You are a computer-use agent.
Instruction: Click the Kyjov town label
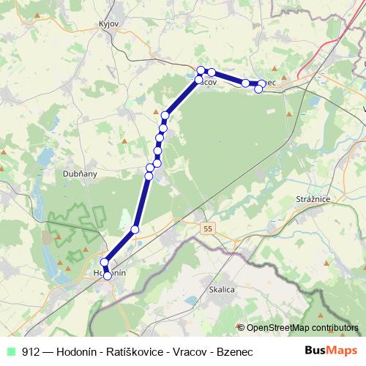pyautogui.click(x=108, y=23)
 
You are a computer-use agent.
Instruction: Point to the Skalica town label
pyautogui.click(x=221, y=290)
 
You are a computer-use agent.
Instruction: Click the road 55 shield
pyautogui.click(x=209, y=230)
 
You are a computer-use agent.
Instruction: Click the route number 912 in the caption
pyautogui.click(x=31, y=351)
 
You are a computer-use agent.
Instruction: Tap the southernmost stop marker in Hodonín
pyautogui.click(x=108, y=276)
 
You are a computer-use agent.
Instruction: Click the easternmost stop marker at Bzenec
pyautogui.click(x=262, y=84)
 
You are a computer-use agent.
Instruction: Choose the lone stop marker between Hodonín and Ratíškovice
pyautogui.click(x=135, y=231)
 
